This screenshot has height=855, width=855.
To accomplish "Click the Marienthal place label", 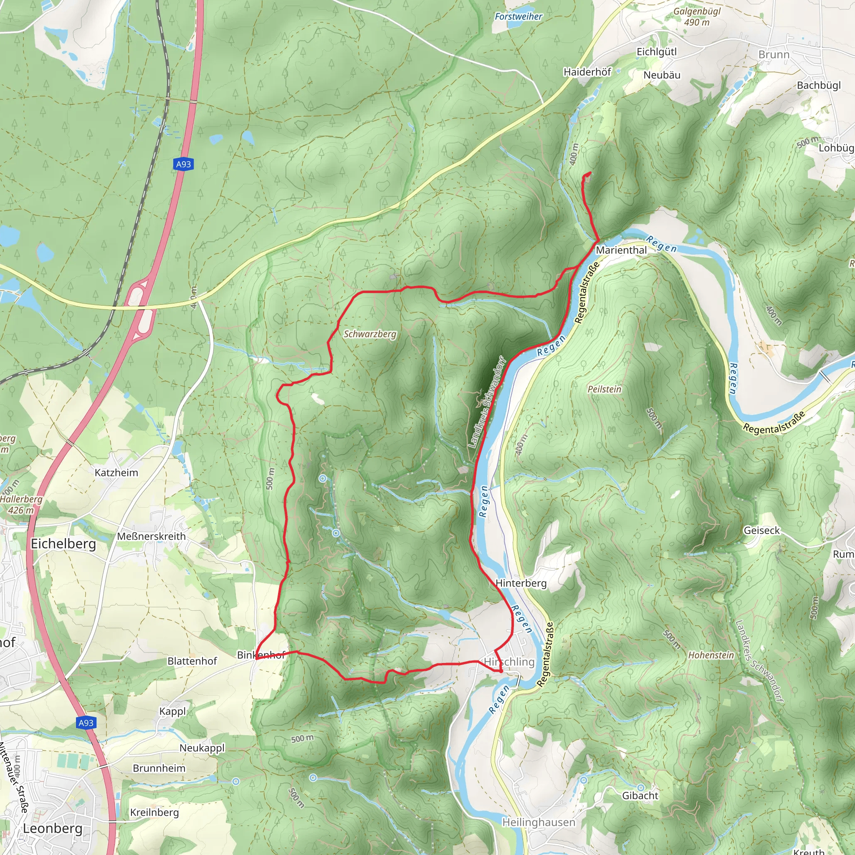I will click(x=621, y=250).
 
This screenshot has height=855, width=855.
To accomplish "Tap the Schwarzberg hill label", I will click(x=370, y=334).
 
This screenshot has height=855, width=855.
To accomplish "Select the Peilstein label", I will click(x=604, y=389).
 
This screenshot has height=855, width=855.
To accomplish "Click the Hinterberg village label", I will click(x=521, y=583).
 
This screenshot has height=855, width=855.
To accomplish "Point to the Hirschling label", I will click(x=509, y=662).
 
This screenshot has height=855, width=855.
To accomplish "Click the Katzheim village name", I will click(x=116, y=473).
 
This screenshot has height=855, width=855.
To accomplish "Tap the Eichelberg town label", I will click(x=63, y=544).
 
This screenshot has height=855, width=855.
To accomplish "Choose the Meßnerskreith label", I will click(x=152, y=536).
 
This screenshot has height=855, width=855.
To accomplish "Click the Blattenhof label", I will click(x=192, y=661).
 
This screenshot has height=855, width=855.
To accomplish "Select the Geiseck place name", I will click(x=761, y=530).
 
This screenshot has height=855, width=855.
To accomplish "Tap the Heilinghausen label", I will click(x=539, y=822).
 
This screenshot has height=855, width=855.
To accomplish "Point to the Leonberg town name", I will click(x=53, y=828).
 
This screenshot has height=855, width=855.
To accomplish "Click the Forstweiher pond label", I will click(x=518, y=16).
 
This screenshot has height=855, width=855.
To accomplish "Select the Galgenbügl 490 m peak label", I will click(x=697, y=17).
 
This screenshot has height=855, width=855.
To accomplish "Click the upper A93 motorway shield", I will click(x=183, y=164).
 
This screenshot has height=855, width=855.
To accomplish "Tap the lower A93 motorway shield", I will click(x=86, y=723).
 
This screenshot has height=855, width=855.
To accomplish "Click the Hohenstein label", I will click(x=711, y=655).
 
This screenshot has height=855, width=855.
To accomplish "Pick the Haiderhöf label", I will click(x=587, y=72).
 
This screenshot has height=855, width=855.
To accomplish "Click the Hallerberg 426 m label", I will click(x=21, y=504).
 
